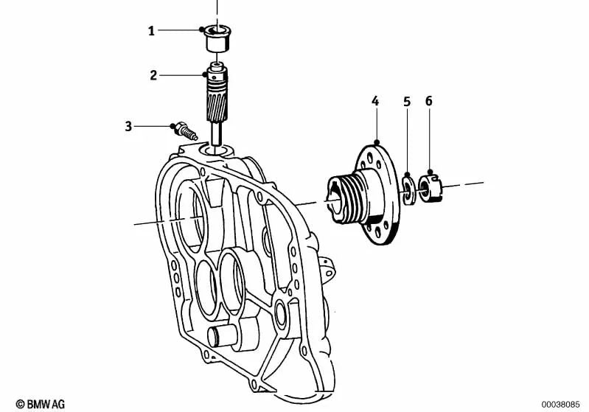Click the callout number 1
pos(151,31)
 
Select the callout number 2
pos(153,74)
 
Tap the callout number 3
pos(128,126)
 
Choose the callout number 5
pos(406,100)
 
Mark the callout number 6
pos(428,100)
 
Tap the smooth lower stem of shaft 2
pos(217,136)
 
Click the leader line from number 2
pos(181,74)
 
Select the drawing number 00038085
pos(561,404)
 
